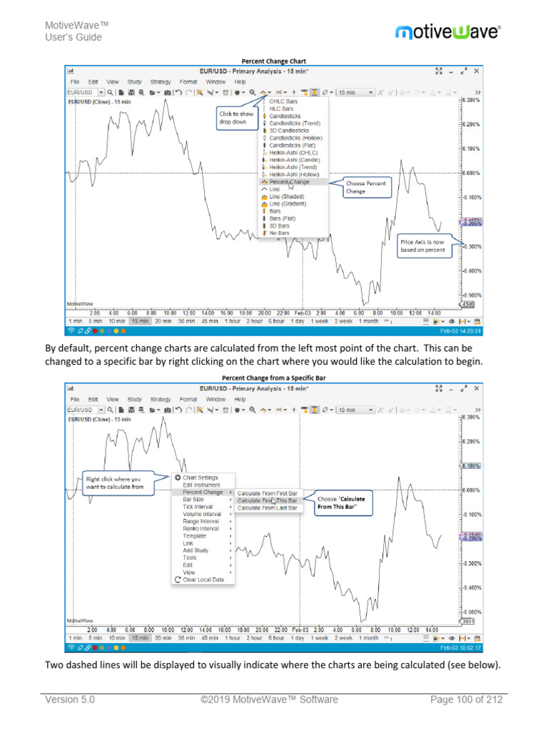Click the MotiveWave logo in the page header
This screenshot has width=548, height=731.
pyautogui.click(x=448, y=31)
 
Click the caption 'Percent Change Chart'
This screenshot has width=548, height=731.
pyautogui.click(x=273, y=61)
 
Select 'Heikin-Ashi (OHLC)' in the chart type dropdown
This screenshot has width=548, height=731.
pyautogui.click(x=294, y=153)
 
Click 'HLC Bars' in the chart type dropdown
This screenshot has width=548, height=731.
pyautogui.click(x=283, y=109)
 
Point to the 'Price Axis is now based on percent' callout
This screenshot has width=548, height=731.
pyautogui.click(x=425, y=246)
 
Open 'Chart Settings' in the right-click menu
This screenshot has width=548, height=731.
pyautogui.click(x=200, y=478)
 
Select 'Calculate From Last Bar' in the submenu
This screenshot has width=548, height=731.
pyautogui.click(x=267, y=508)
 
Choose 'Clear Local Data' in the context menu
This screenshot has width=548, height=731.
pyautogui.click(x=203, y=580)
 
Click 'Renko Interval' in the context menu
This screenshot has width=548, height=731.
pyautogui.click(x=201, y=529)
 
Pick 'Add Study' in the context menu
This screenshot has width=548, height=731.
pyautogui.click(x=196, y=550)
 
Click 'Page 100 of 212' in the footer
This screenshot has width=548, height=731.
pyautogui.click(x=466, y=700)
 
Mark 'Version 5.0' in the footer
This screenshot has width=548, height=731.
pyautogui.click(x=70, y=700)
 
